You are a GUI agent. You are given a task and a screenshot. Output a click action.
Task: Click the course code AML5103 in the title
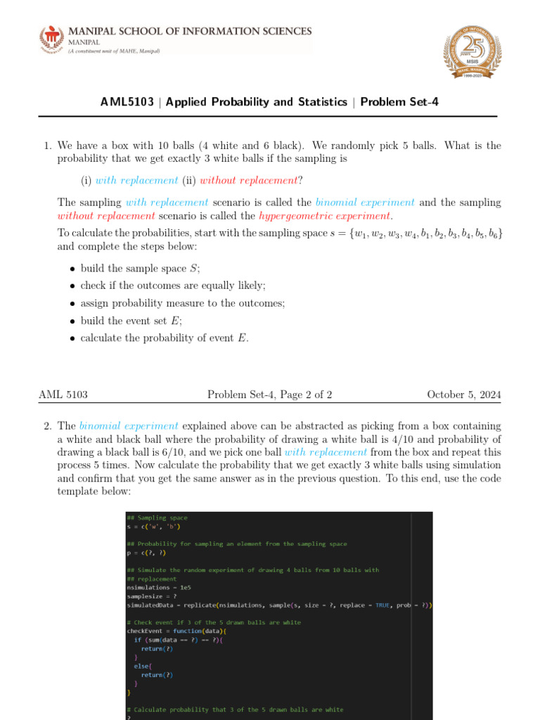[x=127, y=102]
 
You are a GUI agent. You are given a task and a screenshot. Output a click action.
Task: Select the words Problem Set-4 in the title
[x=399, y=102]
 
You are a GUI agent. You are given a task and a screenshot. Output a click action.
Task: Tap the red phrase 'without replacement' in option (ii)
[x=245, y=180]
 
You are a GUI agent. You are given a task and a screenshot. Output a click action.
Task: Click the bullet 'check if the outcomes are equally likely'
[x=173, y=285]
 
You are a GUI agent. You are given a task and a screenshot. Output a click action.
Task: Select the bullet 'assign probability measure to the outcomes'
[x=182, y=303]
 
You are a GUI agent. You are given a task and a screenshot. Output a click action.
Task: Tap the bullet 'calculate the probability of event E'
[x=165, y=337]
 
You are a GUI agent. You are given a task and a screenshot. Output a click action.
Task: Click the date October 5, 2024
[x=464, y=395]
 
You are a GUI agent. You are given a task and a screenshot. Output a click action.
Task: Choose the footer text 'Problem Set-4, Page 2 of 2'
[x=270, y=395]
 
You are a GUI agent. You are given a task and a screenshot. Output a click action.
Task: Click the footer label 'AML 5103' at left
[x=63, y=395]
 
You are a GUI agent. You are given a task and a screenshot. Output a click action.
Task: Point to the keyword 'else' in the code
[x=140, y=665]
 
